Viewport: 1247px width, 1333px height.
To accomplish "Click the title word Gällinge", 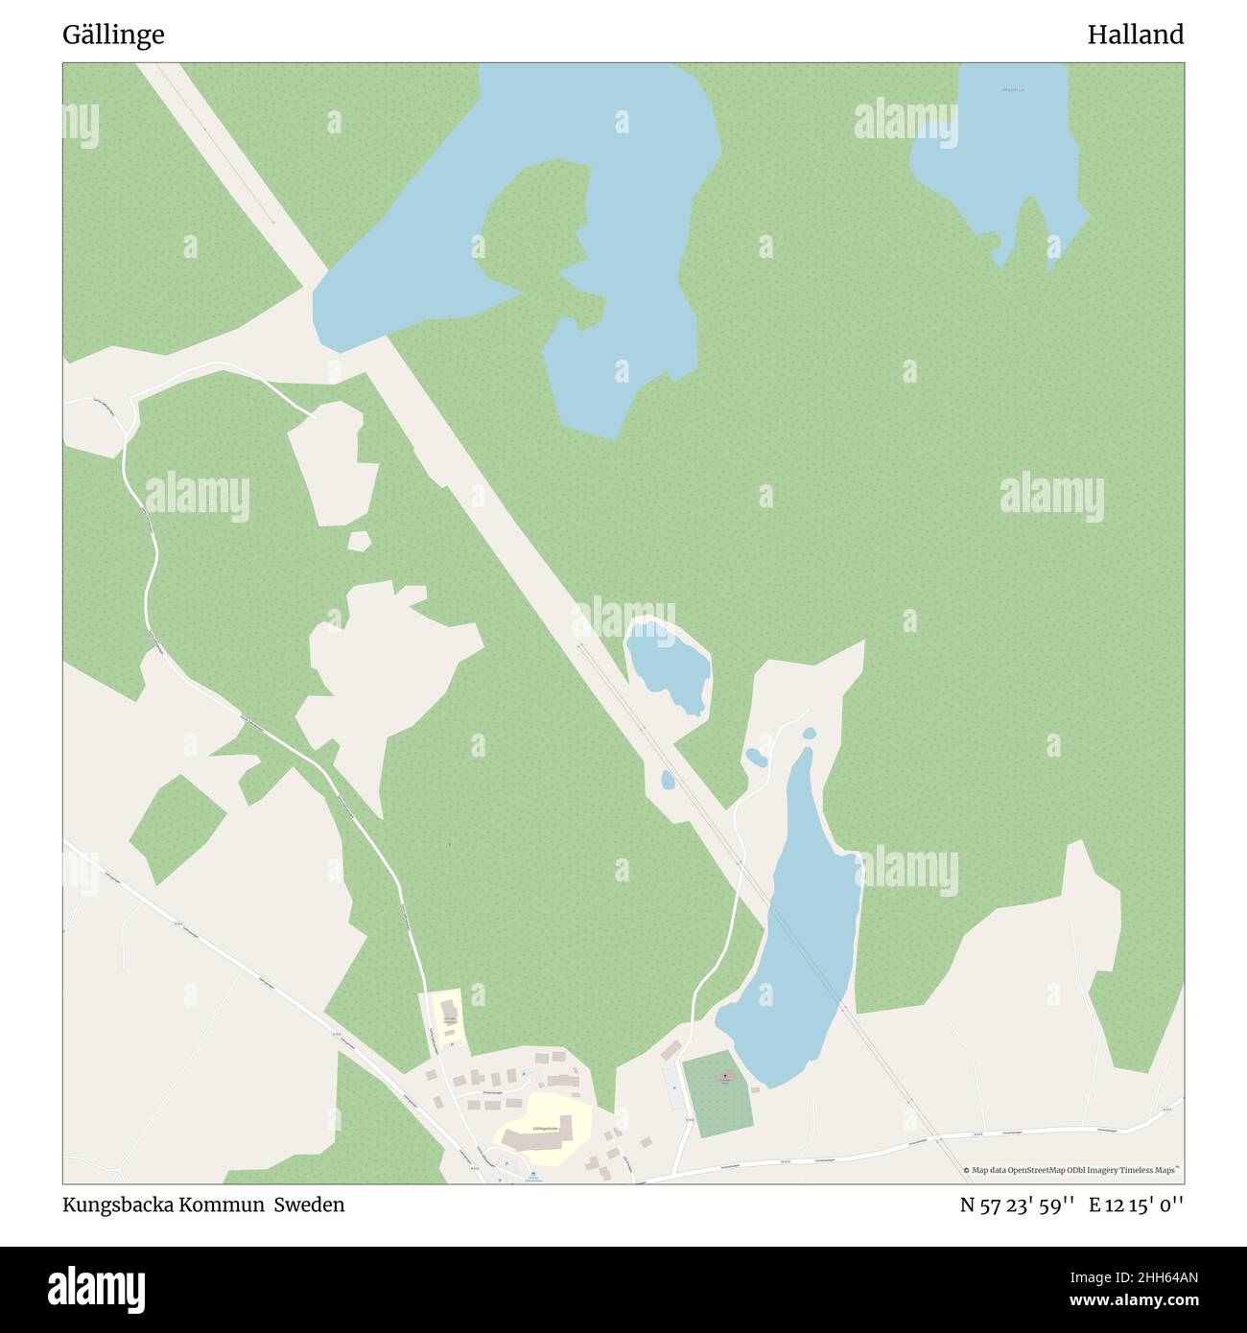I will [x=113, y=35].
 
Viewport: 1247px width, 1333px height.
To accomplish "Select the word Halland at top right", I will [x=1135, y=35].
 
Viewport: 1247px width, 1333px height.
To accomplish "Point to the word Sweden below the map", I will [x=309, y=1204].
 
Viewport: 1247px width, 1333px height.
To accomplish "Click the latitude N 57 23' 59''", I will [x=1019, y=1205].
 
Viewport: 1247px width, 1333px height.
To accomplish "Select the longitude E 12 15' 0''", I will [x=1136, y=1205].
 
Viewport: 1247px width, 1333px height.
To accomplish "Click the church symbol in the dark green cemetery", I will [x=725, y=1078].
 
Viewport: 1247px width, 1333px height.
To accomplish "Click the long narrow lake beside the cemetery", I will [x=796, y=949].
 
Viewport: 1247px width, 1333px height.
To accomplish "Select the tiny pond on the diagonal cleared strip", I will [x=667, y=780].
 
